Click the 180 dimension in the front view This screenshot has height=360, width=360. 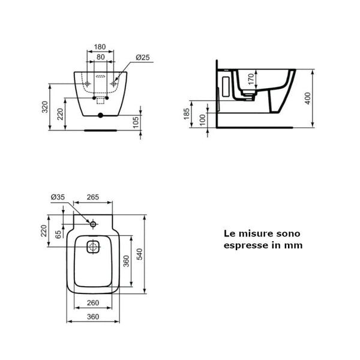point(100,46)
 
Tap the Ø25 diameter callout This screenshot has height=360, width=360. point(142,57)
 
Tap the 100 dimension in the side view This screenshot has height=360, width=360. point(202,119)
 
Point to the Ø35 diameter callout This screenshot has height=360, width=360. point(58,197)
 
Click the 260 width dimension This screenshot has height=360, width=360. point(93,302)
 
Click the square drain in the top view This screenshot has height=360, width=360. point(94,247)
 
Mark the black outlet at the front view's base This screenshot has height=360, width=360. point(100,115)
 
